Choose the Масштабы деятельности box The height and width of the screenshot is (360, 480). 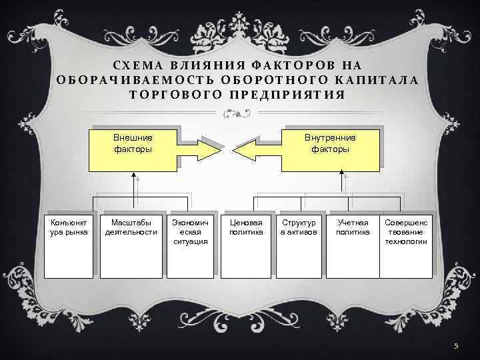(131, 243)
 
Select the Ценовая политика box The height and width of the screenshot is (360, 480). (246, 243)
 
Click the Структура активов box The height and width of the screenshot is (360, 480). (299, 243)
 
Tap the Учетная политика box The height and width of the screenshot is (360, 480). (352, 243)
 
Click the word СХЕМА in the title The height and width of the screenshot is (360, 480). (141, 65)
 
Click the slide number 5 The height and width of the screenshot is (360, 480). (456, 346)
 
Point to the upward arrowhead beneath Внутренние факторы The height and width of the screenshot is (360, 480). (341, 173)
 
